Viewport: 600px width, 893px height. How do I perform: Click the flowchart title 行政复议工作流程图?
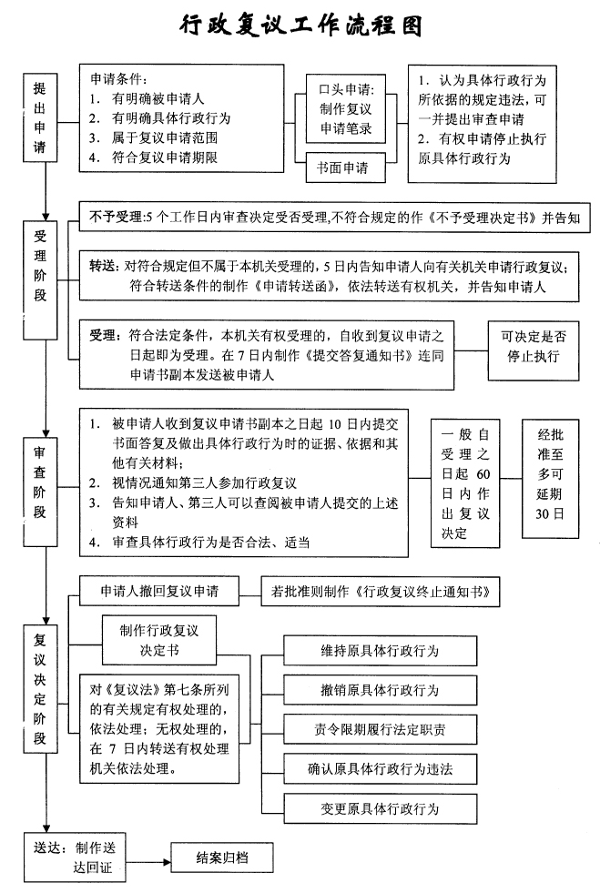click(x=300, y=25)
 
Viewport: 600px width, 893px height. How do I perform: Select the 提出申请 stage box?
click(x=40, y=118)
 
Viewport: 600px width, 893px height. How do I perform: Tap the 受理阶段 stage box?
click(x=40, y=280)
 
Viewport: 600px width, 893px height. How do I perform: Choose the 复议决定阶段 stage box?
click(x=40, y=688)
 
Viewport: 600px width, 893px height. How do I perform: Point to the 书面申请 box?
click(x=345, y=167)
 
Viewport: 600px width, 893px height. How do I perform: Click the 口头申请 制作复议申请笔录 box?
click(x=345, y=108)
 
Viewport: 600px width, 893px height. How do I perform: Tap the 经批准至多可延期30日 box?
click(x=551, y=479)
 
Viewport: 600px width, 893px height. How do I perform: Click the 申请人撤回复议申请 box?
click(x=159, y=591)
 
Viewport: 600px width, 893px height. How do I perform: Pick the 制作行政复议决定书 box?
click(x=159, y=640)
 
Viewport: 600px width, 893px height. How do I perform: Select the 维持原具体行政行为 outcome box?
click(x=380, y=651)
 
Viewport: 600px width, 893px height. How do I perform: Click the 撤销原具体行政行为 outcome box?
click(x=380, y=690)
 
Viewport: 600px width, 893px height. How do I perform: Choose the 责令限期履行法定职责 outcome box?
click(x=380, y=729)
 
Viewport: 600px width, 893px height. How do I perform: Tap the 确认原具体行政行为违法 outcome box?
click(x=380, y=769)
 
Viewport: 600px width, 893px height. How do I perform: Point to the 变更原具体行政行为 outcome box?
click(x=380, y=808)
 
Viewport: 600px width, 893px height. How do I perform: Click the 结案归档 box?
click(x=222, y=857)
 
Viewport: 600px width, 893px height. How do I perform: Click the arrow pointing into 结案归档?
click(x=148, y=862)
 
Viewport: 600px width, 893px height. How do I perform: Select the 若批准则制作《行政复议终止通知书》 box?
click(x=380, y=592)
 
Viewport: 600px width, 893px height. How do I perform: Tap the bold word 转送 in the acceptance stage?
click(x=103, y=266)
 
